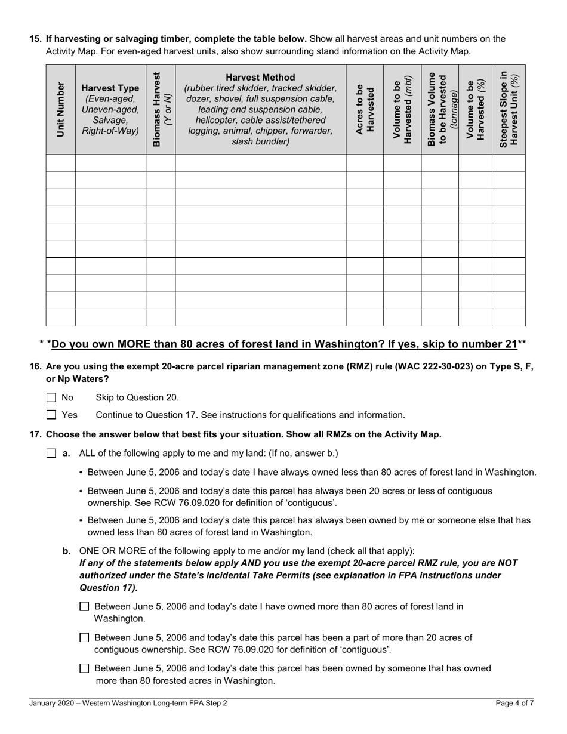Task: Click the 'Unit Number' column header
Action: [x=60, y=109]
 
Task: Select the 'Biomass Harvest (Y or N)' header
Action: [x=161, y=109]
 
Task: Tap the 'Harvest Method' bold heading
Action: [x=260, y=77]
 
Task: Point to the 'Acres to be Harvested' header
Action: [x=364, y=109]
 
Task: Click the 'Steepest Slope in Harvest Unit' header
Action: [x=509, y=109]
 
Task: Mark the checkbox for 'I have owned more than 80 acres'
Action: [x=84, y=607]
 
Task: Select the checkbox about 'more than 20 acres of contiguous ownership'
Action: [x=84, y=638]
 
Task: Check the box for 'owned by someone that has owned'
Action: [x=84, y=668]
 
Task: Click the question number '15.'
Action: [x=36, y=39]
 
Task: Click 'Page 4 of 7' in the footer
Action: [x=514, y=703]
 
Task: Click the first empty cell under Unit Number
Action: [x=60, y=163]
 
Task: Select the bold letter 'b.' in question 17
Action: [x=67, y=551]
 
